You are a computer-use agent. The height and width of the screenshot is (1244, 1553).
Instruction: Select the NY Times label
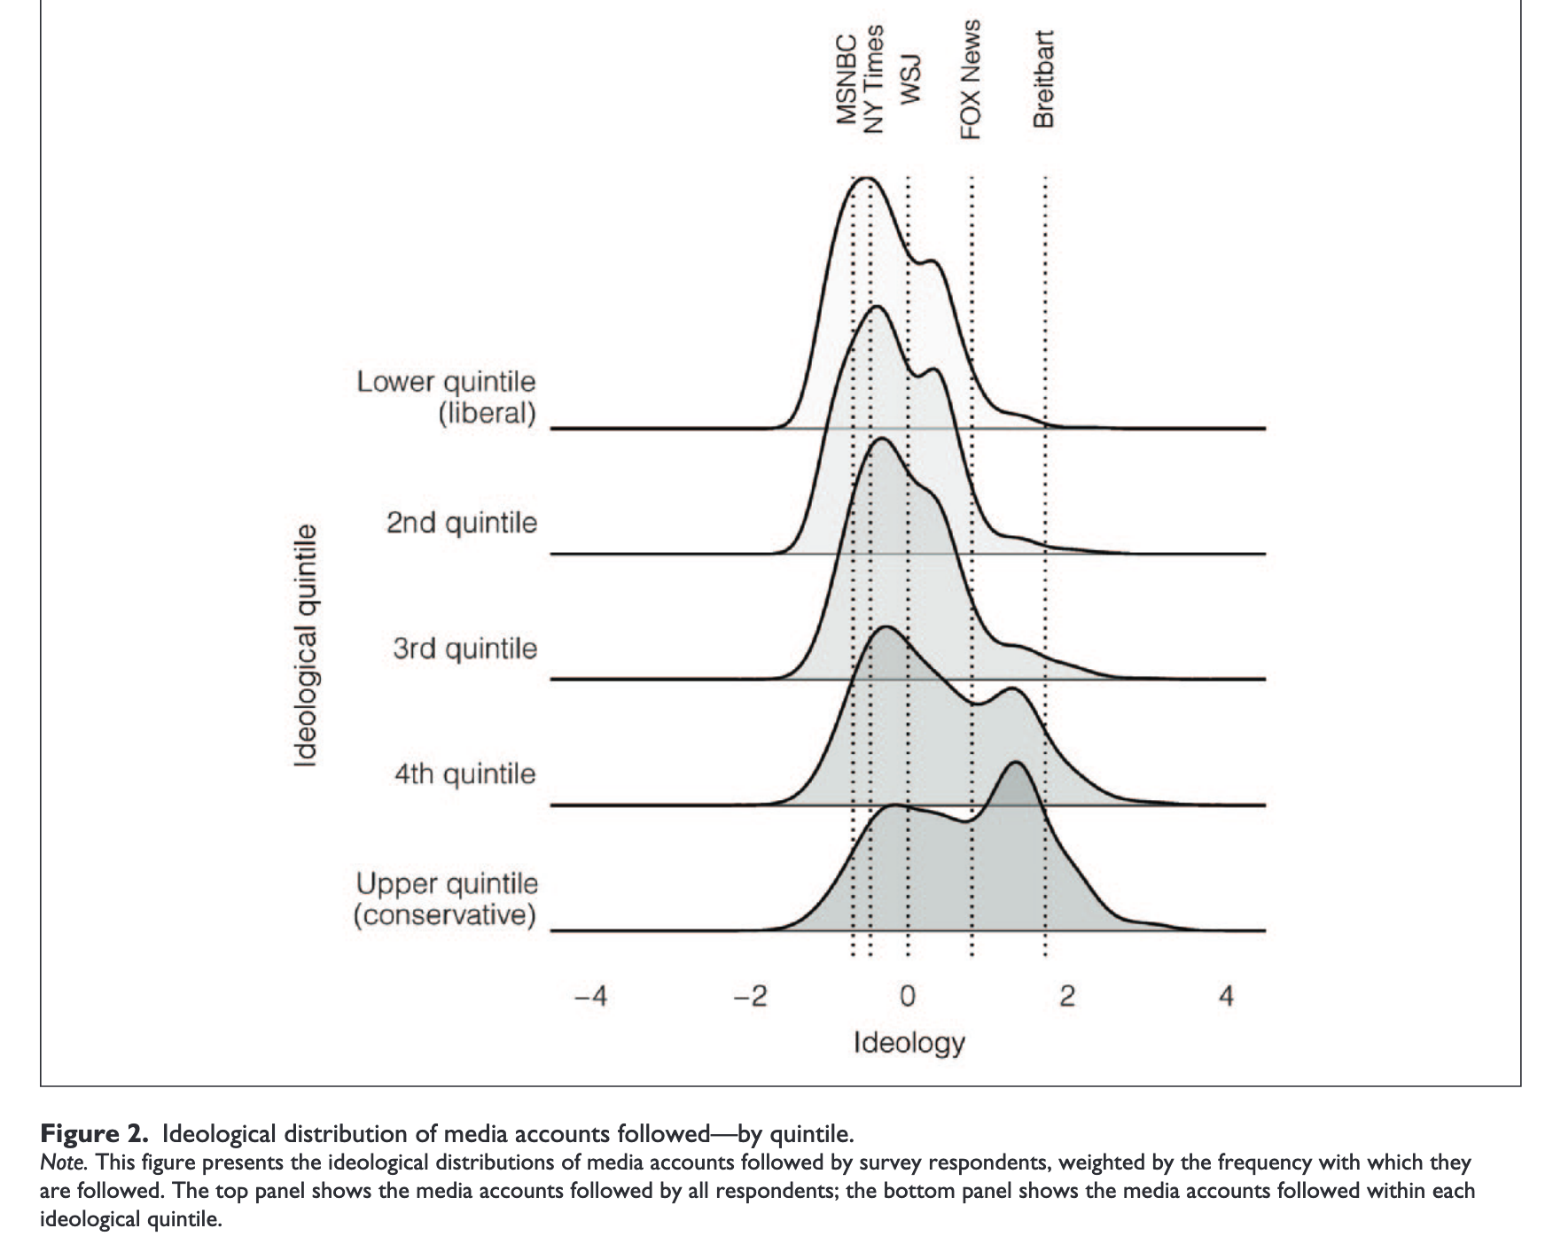click(x=874, y=80)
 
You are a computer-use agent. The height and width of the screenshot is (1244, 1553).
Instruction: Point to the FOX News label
click(x=972, y=80)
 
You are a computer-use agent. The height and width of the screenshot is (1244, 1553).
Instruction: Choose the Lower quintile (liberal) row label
click(x=447, y=398)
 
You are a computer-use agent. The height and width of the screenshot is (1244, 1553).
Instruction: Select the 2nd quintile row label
click(x=462, y=523)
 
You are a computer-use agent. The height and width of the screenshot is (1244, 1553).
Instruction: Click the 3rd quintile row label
click(x=465, y=649)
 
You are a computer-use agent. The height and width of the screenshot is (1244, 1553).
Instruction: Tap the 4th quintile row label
click(x=465, y=774)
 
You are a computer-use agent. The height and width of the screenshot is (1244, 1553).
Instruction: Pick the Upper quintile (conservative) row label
click(x=446, y=899)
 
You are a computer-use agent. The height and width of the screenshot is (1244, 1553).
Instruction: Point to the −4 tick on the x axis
click(x=590, y=998)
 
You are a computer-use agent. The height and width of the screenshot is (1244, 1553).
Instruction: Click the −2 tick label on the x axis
click(x=750, y=998)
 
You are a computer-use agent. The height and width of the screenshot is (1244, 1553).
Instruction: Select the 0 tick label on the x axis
click(x=907, y=998)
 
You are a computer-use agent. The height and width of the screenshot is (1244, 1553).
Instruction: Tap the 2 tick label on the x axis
click(x=1067, y=998)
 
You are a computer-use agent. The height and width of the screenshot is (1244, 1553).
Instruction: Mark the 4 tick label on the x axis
click(x=1226, y=998)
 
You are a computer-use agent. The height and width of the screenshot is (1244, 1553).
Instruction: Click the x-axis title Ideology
click(x=909, y=1043)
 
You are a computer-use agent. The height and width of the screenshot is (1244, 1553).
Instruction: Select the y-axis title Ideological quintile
click(x=306, y=645)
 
